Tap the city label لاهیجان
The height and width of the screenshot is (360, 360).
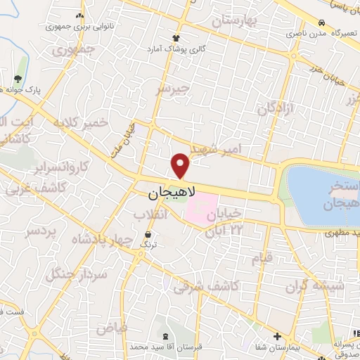point(172,191)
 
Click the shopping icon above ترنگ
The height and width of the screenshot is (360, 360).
point(148,235)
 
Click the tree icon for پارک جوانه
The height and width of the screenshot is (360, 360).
point(18,78)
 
